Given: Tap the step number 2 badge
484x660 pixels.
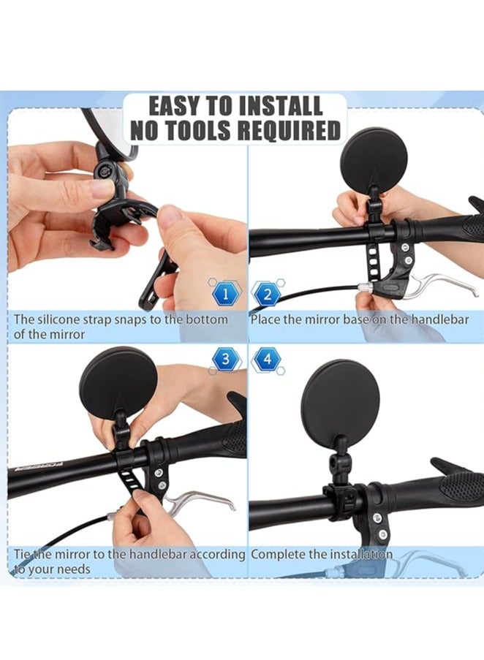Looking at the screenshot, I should pyautogui.click(x=267, y=295).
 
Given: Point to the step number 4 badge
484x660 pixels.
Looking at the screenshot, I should pyautogui.click(x=267, y=359).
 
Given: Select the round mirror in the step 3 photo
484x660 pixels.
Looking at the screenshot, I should pyautogui.click(x=118, y=382).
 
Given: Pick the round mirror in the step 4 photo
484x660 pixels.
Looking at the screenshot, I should pyautogui.click(x=341, y=404).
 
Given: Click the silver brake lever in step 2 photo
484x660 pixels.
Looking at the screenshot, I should pyautogui.click(x=439, y=286).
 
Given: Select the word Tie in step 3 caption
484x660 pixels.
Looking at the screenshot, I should pyautogui.click(x=22, y=554).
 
